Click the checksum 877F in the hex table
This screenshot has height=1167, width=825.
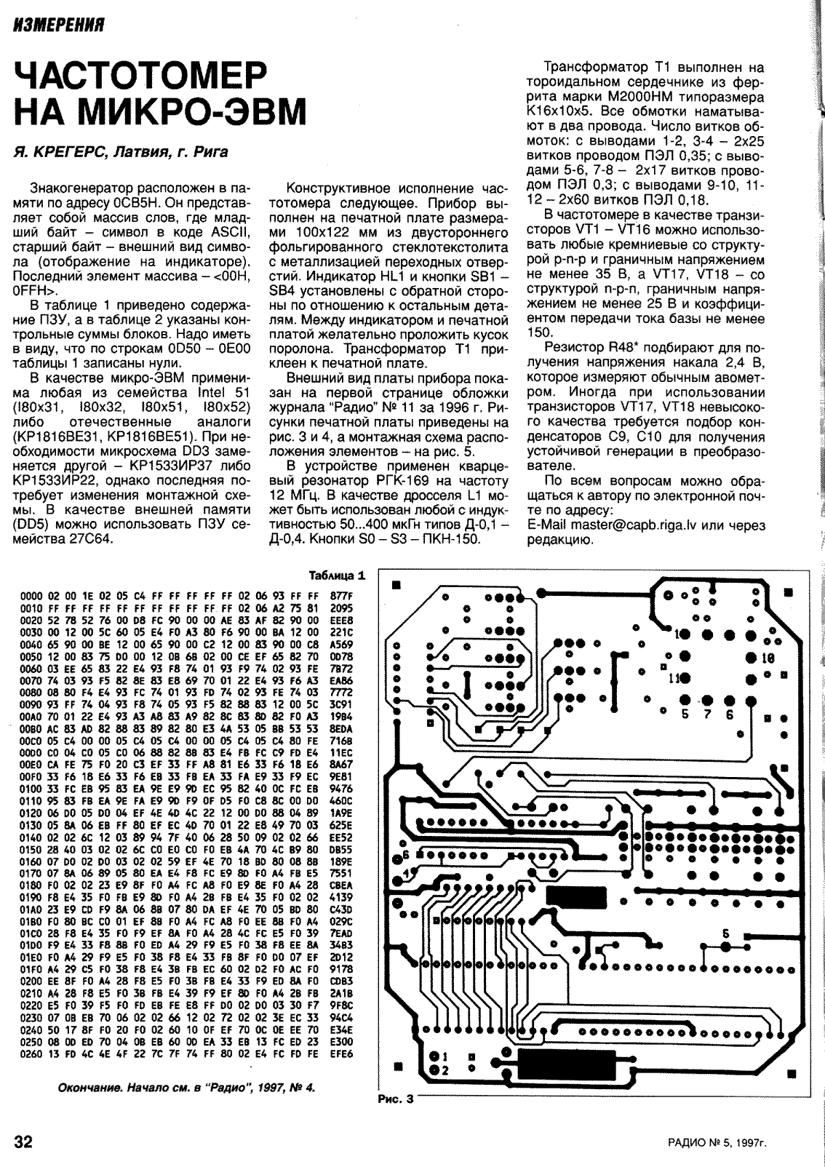tap(341, 595)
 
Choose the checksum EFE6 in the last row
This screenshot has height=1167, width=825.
tap(341, 1053)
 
